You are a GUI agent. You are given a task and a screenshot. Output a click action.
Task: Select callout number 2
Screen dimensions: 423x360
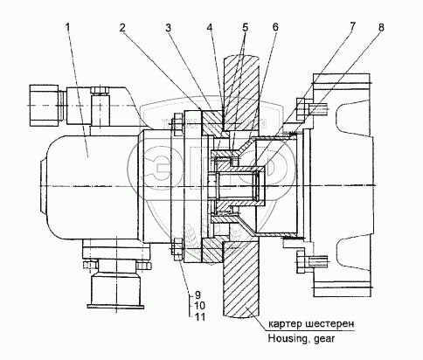122,28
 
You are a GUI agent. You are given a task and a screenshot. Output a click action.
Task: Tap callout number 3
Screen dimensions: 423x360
168,28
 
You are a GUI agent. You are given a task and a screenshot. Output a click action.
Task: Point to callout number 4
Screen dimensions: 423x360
210,28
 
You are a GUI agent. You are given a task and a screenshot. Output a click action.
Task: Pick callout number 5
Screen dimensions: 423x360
245,28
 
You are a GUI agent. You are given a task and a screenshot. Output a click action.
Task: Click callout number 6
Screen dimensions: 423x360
275,27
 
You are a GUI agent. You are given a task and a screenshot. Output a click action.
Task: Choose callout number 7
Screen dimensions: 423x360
352,26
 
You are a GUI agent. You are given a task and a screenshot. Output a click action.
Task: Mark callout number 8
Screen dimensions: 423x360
381,27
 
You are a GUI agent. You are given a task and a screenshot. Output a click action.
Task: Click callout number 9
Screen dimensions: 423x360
198,295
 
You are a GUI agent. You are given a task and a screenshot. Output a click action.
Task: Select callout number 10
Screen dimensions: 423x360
199,306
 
